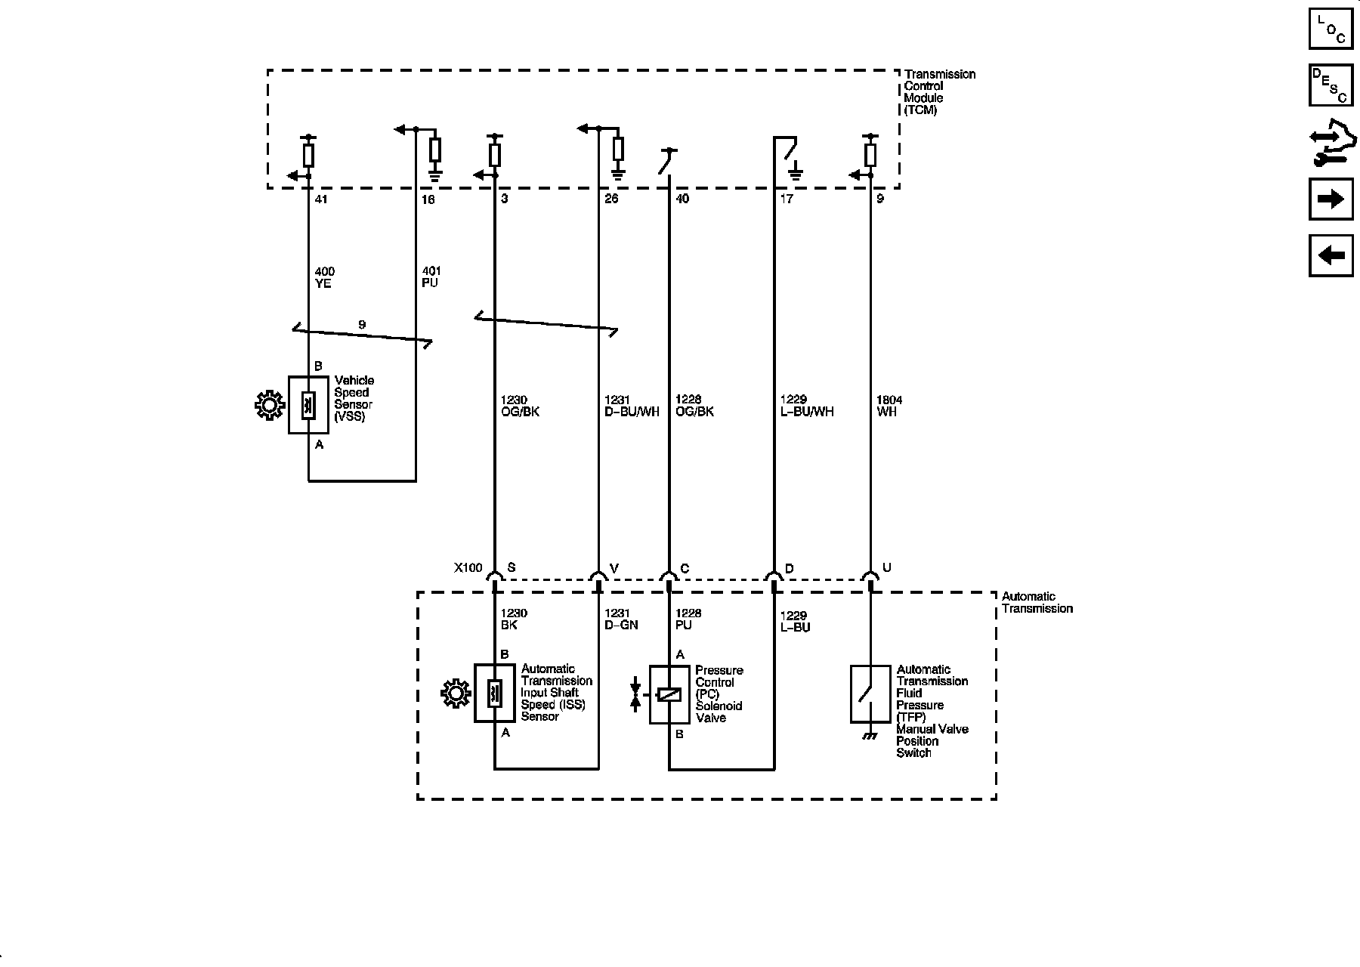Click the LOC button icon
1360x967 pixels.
point(1331,28)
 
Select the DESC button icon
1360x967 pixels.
point(1331,85)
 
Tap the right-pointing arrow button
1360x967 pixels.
point(1331,199)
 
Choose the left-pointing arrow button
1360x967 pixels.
point(1331,255)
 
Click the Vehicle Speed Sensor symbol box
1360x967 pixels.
point(308,405)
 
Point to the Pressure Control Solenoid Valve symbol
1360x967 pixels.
point(669,695)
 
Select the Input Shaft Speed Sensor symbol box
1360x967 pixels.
point(494,693)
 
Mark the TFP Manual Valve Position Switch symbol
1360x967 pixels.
point(870,694)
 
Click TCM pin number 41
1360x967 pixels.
point(321,199)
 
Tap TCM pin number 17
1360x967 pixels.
point(787,199)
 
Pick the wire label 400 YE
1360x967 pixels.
point(324,277)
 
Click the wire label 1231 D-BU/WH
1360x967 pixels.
point(632,406)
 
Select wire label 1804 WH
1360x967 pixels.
point(889,406)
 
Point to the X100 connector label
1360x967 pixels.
point(468,568)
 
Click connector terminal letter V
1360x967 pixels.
point(614,568)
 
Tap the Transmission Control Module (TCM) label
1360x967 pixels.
point(939,92)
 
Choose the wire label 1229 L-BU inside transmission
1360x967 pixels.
point(795,621)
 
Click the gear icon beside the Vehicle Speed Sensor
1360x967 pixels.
point(270,406)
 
